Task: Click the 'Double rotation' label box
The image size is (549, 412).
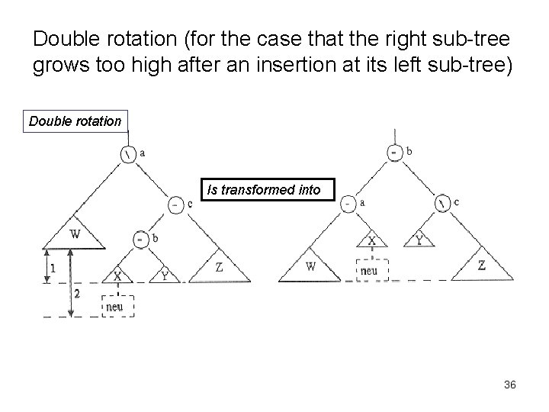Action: point(75,121)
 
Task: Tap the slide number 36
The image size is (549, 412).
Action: point(509,385)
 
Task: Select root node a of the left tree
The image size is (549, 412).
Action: point(127,153)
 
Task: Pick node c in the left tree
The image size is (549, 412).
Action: point(175,204)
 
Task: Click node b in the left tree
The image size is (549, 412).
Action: point(140,238)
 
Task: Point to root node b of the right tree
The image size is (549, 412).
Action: point(393,152)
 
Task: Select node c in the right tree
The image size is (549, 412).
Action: point(442,204)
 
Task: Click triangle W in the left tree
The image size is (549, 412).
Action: point(75,235)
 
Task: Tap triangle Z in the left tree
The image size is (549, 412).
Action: point(219,268)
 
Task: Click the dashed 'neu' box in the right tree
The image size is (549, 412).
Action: point(372,269)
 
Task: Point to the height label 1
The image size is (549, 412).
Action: point(51,268)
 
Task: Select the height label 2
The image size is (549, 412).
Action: point(77,293)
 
